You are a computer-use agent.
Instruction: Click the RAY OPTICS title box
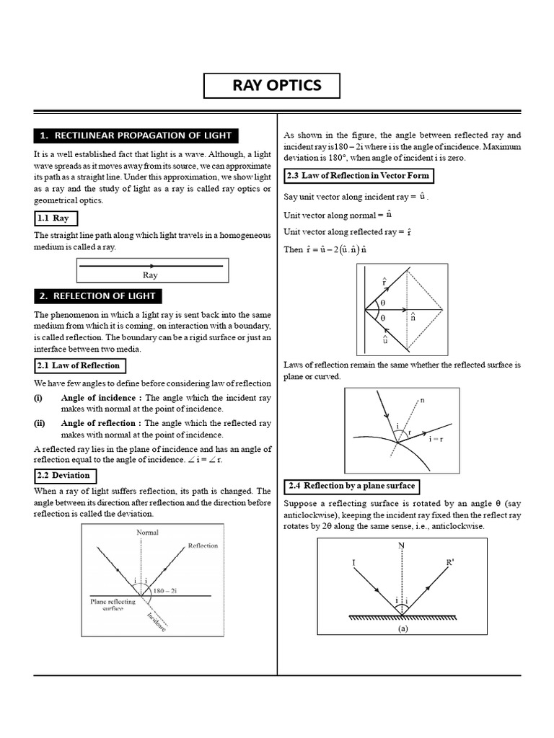pos(277,86)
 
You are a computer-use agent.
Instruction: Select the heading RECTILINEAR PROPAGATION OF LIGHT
pos(136,135)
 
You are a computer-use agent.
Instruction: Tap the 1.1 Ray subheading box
pos(56,218)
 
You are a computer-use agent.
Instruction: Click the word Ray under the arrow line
pos(150,275)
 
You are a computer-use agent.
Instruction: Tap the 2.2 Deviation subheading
pos(65,476)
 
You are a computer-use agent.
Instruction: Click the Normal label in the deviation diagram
pos(148,533)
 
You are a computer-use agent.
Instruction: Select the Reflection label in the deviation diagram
pos(203,546)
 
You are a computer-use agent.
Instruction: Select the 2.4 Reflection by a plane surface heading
pos(351,486)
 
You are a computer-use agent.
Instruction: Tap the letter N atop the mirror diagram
pos(401,546)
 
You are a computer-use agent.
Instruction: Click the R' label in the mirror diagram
pos(452,561)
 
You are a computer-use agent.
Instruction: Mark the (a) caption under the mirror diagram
pos(403,628)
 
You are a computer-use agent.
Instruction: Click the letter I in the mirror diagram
pos(353,561)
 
